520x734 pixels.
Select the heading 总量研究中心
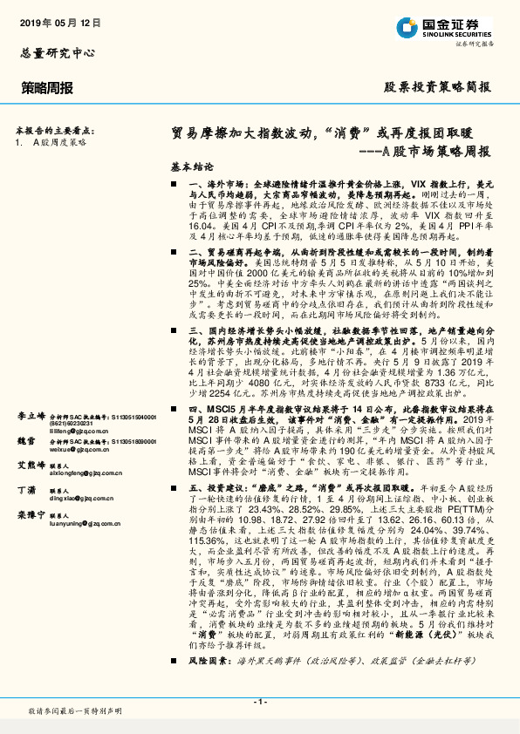pyautogui.click(x=58, y=52)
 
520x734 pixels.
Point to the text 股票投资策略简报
pyautogui.click(x=438, y=87)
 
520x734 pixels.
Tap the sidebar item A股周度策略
pyautogui.click(x=60, y=140)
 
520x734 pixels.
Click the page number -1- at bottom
pyautogui.click(x=259, y=701)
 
